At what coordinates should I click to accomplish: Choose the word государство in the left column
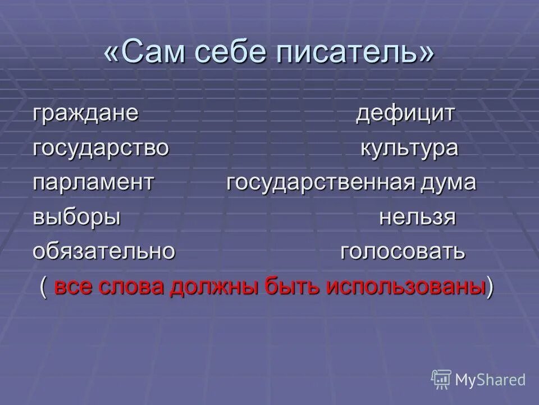[101, 148]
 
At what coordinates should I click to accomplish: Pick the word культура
[409, 148]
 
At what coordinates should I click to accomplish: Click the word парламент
[93, 183]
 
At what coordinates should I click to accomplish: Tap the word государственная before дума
[321, 183]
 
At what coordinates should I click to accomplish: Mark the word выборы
[77, 218]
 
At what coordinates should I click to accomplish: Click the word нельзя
[417, 218]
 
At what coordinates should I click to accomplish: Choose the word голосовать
[403, 253]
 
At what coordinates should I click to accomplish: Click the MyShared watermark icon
[441, 379]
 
